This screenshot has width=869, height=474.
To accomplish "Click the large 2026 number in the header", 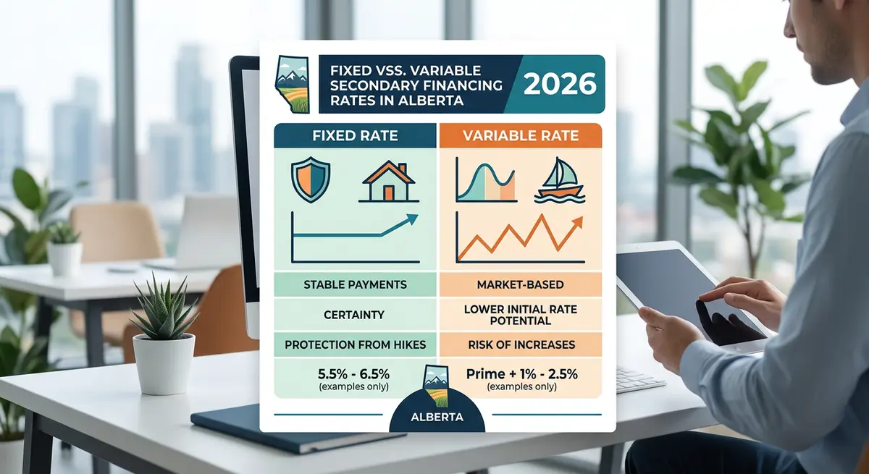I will coord(559,84).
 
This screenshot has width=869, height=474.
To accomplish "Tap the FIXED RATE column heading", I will coord(355,136).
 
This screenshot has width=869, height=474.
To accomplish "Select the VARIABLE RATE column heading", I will coord(520,136).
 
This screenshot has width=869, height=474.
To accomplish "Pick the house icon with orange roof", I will coord(387,183).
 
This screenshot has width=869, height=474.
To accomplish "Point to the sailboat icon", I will coord(559,182).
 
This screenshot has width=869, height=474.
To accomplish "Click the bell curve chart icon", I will coord(484,182).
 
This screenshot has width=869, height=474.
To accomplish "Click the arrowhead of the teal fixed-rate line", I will coord(413,219).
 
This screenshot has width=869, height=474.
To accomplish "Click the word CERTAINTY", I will coord(355,315).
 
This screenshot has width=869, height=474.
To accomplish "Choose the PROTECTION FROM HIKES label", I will coord(355,345).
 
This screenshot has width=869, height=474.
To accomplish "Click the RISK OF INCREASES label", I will coord(520,345).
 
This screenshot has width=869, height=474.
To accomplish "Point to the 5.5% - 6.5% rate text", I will coord(355,375).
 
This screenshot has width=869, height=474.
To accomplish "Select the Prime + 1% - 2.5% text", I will coord(522,375).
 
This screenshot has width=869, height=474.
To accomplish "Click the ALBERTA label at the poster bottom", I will coord(437,418).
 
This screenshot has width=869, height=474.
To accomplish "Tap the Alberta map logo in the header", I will coord(291,84).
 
